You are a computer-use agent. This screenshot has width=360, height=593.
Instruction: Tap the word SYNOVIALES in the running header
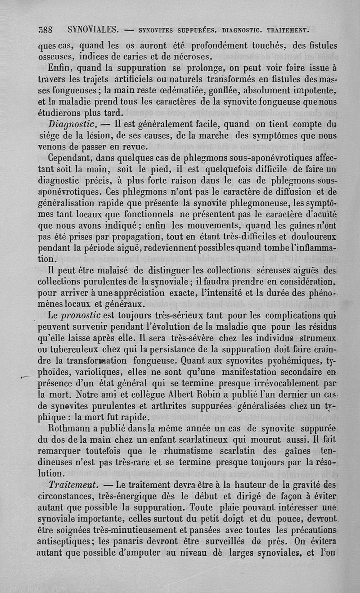pos(93,31)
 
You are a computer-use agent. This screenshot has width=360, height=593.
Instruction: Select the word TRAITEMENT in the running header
pos(288,31)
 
